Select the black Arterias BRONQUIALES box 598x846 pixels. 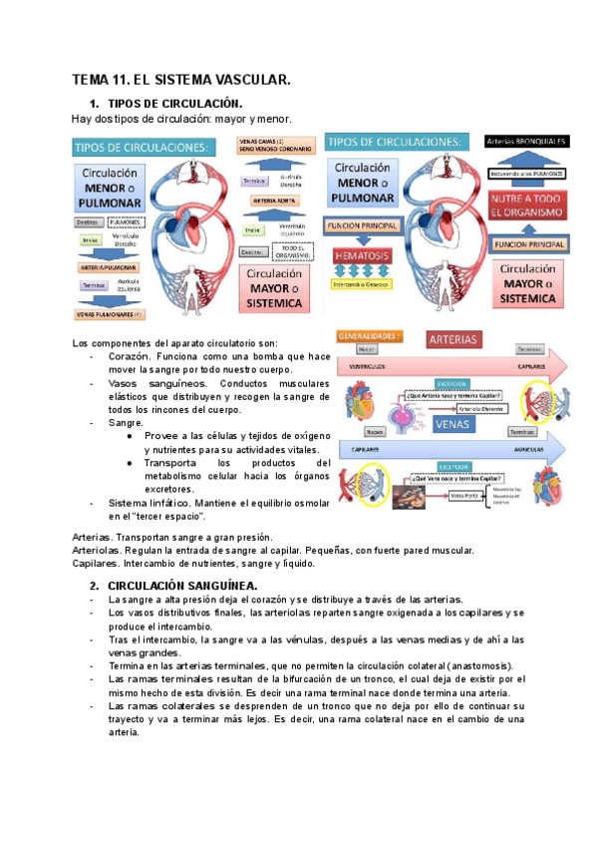pos(526,142)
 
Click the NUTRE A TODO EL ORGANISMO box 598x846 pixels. pos(525,208)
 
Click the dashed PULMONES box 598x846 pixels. pos(123,220)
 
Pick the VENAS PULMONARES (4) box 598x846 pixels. pos(111,313)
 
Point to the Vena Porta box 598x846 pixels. pos(463,494)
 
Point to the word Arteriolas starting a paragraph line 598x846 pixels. pos(96,550)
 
